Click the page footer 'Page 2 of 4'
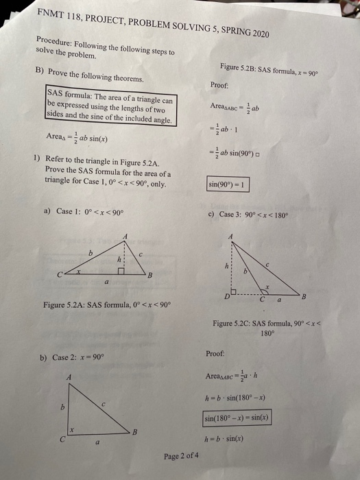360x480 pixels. click(182, 456)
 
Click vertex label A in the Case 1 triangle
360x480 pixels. click(125, 237)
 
